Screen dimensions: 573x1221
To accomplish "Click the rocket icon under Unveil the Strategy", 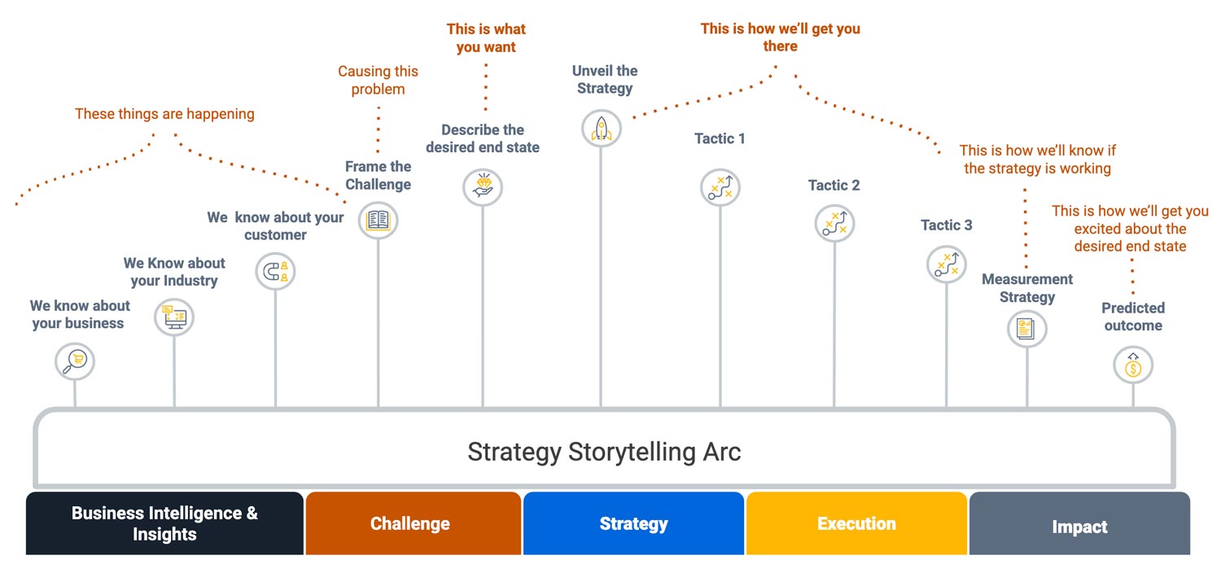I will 602,129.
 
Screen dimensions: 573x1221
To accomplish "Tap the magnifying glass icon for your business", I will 75,361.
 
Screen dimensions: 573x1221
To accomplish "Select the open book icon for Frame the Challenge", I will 378,220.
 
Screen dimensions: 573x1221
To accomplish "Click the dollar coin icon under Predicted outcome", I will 1133,366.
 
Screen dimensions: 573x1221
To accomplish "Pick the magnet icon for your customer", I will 275,272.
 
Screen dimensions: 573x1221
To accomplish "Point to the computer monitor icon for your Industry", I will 174,317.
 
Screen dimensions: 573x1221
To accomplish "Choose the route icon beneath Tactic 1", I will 720,187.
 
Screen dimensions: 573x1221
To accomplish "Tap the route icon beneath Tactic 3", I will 947,265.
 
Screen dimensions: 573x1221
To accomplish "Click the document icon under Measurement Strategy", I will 1026,329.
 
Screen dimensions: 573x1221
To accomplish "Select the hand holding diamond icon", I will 483,187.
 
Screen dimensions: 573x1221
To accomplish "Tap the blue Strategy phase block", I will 633,523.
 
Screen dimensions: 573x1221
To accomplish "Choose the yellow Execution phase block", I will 856,523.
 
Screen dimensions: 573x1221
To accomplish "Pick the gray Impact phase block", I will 1079,525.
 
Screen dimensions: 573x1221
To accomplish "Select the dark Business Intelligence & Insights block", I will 164,523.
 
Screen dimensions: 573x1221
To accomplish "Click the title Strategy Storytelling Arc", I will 604,451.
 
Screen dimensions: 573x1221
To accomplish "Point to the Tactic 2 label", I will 834,186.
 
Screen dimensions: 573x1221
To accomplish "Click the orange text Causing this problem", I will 378,81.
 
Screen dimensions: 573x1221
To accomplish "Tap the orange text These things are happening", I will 164,114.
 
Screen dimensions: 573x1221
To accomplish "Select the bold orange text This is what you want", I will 486,38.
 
